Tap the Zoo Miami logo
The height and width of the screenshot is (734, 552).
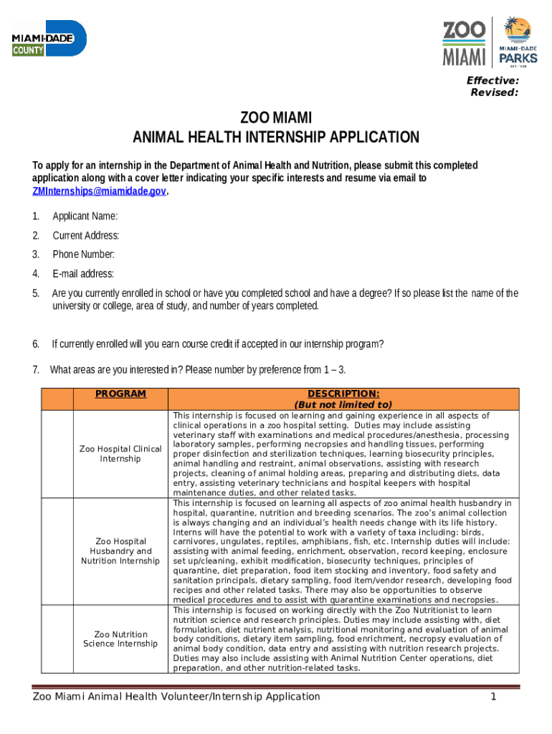[x=464, y=42]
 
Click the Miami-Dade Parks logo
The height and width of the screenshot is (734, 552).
[x=518, y=42]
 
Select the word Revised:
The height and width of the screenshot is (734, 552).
[x=494, y=92]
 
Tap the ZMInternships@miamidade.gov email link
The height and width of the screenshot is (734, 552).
[x=100, y=191]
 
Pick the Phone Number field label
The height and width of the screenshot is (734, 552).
[x=83, y=254]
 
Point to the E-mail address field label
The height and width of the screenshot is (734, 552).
[x=83, y=274]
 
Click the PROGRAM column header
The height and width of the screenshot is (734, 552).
[x=120, y=394]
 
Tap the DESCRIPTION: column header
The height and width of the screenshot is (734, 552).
[x=343, y=394]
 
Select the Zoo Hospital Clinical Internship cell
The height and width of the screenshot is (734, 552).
[x=120, y=454]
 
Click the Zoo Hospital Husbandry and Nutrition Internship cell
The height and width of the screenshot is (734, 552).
[x=120, y=550]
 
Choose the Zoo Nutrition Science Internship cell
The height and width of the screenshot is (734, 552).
[x=120, y=639]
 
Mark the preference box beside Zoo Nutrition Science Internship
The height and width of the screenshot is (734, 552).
[x=57, y=639]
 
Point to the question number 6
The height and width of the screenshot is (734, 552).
[x=35, y=343]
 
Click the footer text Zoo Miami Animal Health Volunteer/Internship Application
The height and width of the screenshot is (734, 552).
[x=176, y=697]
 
